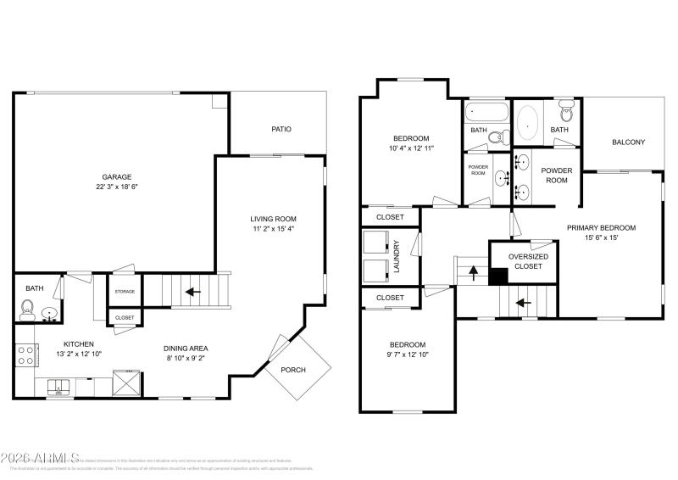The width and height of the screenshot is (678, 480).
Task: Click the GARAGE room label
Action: click(117, 176)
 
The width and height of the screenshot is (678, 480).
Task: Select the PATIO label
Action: click(281, 130)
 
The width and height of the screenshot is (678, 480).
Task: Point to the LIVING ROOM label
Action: click(272, 217)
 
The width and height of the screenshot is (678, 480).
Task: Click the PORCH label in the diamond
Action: click(293, 370)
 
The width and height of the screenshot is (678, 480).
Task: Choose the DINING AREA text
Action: click(186, 348)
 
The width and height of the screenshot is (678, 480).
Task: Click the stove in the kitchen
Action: click(25, 355)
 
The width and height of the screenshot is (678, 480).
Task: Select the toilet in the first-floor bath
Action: click(28, 308)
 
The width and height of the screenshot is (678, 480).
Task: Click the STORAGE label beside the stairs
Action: click(125, 292)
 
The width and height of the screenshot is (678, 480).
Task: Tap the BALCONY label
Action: click(628, 142)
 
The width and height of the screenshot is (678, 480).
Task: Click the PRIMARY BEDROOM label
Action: click(601, 227)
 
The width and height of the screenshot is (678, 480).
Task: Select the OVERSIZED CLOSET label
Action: click(528, 261)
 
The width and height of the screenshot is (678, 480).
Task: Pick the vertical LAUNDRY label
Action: click(397, 256)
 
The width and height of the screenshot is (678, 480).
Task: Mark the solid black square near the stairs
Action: click(498, 275)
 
